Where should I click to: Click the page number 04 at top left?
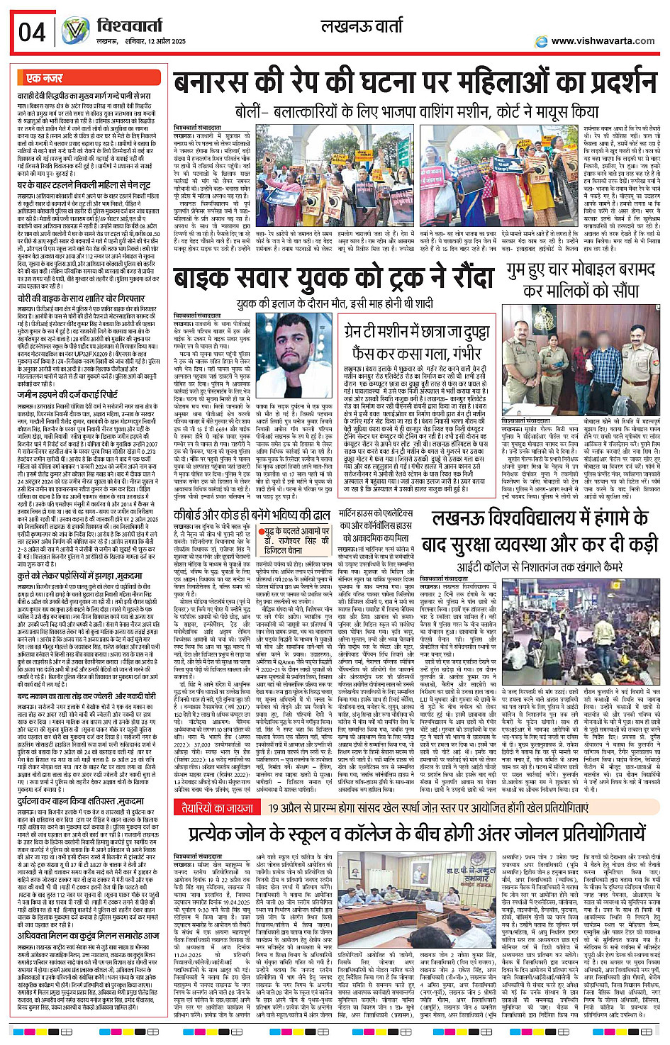pyautogui.click(x=32, y=31)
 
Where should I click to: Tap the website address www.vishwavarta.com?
pyautogui.click(x=603, y=40)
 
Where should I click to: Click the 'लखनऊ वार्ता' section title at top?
pyautogui.click(x=362, y=28)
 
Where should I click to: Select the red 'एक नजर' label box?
pyautogui.click(x=43, y=78)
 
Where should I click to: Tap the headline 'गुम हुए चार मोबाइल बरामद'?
pyautogui.click(x=581, y=271)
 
